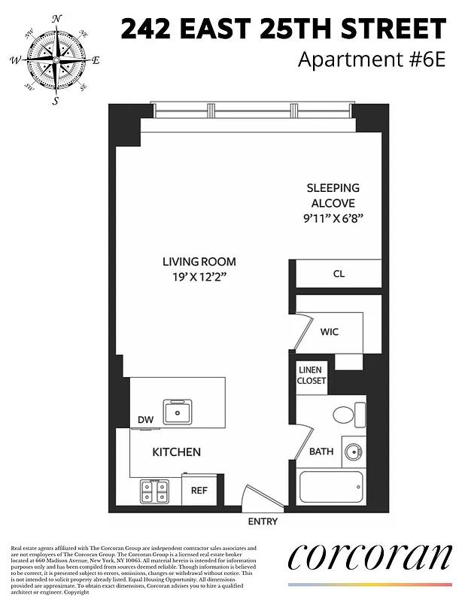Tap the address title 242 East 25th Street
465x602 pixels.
[x=284, y=29]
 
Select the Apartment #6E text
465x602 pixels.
[x=372, y=59]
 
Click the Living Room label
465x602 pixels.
[x=199, y=262]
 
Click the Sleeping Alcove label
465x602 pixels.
[x=333, y=196]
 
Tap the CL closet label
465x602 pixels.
[x=339, y=274]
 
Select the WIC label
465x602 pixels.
[x=330, y=331]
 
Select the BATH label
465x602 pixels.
[x=321, y=452]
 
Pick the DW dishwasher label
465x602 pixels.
[x=145, y=420]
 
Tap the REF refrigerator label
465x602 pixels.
[x=199, y=491]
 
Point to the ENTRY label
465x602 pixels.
[x=263, y=521]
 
